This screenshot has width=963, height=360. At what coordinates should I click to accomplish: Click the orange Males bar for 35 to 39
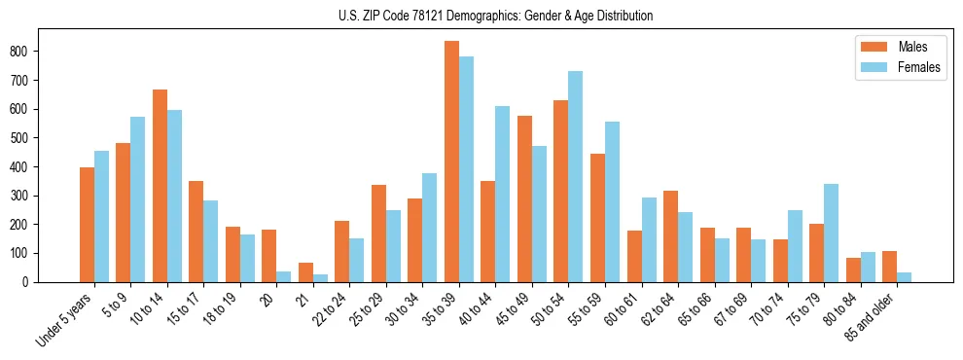click(452, 162)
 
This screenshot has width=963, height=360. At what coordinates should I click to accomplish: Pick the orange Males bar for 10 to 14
click(160, 186)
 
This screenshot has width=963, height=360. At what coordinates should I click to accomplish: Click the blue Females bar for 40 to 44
click(503, 195)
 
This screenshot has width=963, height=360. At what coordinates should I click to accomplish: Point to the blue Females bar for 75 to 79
click(832, 234)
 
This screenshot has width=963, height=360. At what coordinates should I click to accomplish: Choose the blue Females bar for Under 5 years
click(101, 217)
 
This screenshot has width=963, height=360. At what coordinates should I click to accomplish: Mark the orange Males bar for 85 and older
click(890, 267)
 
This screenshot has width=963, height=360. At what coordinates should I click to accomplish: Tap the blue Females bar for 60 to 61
click(649, 240)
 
